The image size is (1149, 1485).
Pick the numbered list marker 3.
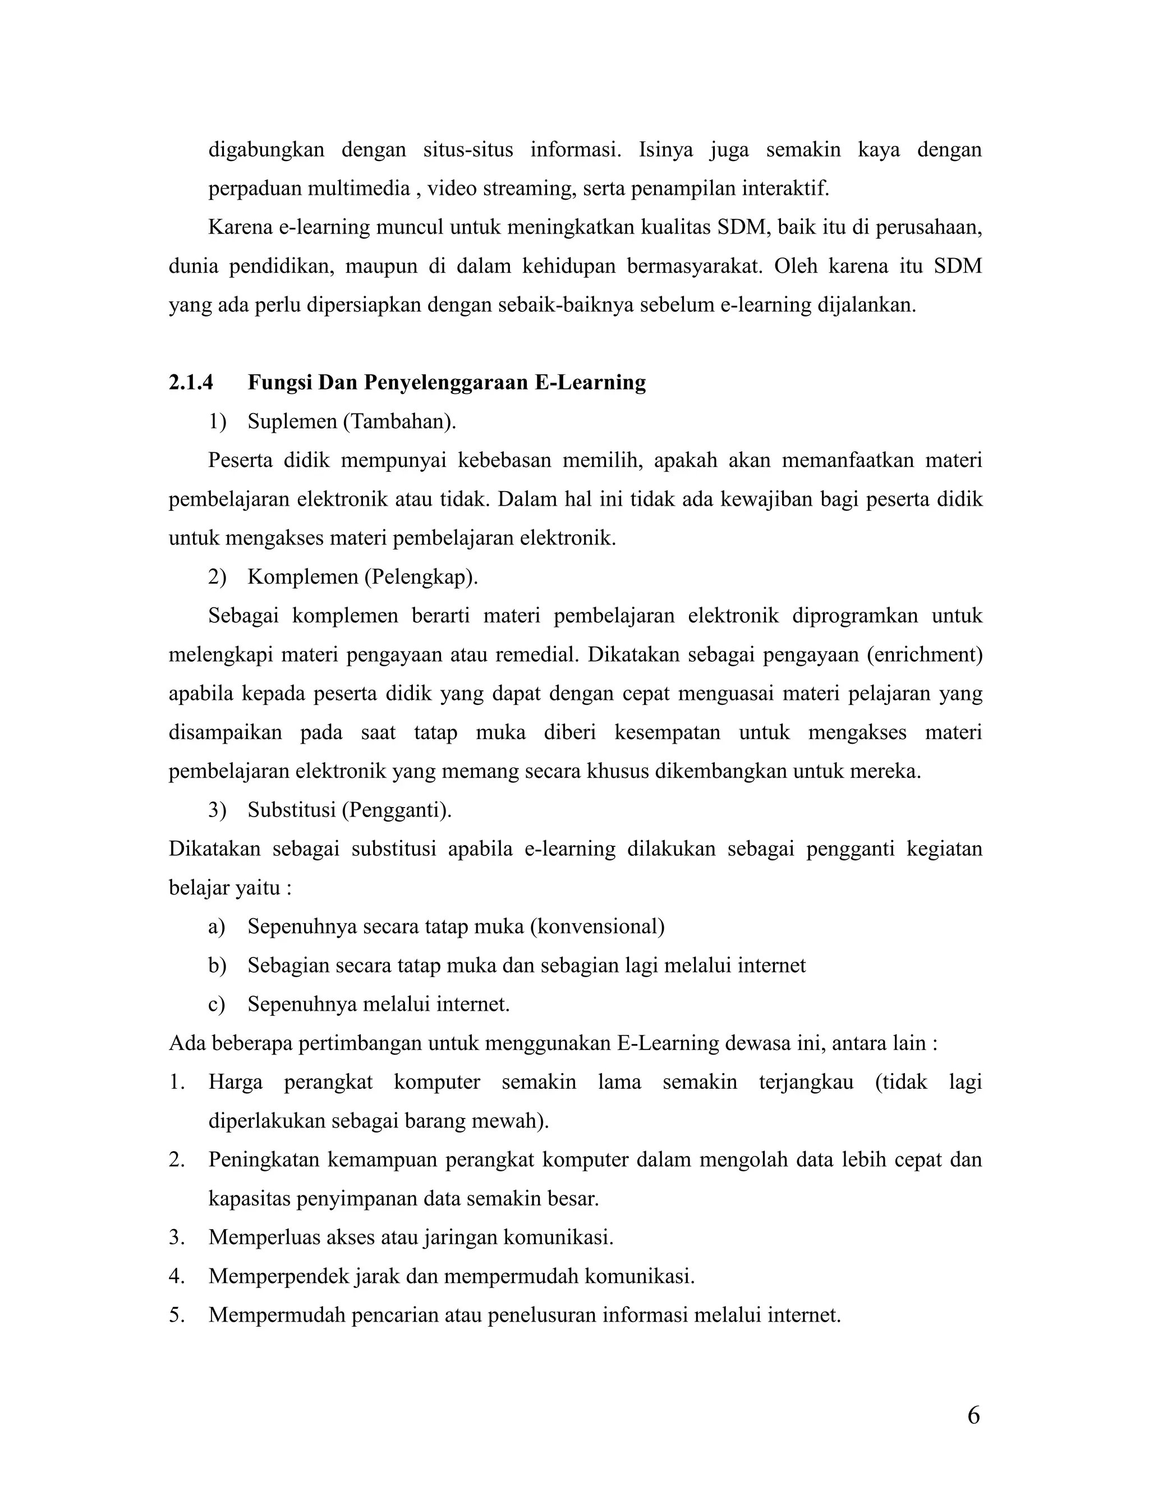[x=177, y=1237]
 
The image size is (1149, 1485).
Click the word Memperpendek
[x=279, y=1276]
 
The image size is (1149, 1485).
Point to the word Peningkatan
[x=264, y=1159]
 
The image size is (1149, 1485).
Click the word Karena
[x=240, y=227]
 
